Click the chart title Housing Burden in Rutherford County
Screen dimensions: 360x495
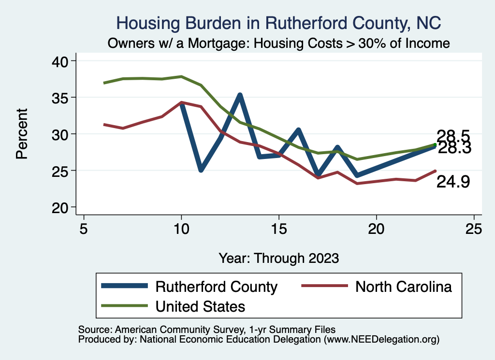pyautogui.click(x=278, y=23)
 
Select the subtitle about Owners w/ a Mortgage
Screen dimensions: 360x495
pyautogui.click(x=278, y=43)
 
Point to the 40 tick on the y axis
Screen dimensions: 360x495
pyautogui.click(x=61, y=61)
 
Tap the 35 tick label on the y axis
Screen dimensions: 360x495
pyautogui.click(x=61, y=98)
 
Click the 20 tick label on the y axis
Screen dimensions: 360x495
pyautogui.click(x=61, y=207)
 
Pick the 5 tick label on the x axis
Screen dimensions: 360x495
pyautogui.click(x=84, y=229)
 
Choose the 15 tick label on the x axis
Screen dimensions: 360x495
pyautogui.click(x=278, y=229)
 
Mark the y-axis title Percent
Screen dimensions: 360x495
pyautogui.click(x=22, y=134)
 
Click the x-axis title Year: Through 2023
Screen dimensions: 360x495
pyautogui.click(x=278, y=258)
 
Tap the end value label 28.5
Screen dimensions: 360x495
pyautogui.click(x=453, y=136)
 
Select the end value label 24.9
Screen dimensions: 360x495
pyautogui.click(x=453, y=182)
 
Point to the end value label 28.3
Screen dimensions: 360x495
pyautogui.click(x=454, y=148)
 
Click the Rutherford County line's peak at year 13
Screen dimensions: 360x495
pyautogui.click(x=239, y=95)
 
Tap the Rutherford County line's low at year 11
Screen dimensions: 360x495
pyautogui.click(x=201, y=170)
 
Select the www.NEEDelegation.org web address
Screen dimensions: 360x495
pyautogui.click(x=381, y=339)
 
